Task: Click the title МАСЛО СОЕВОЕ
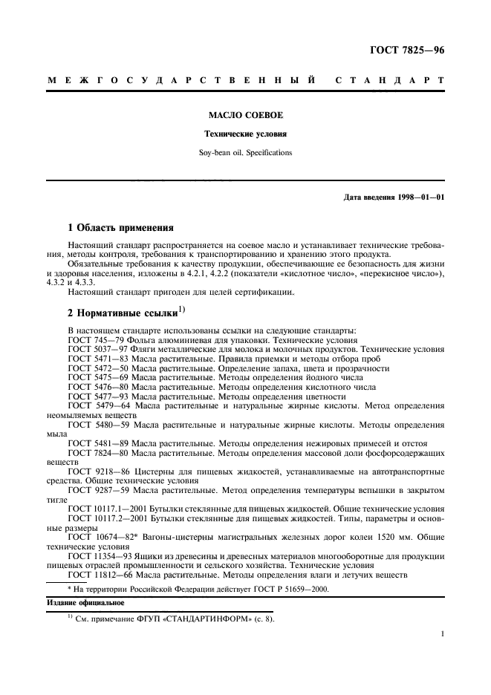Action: (x=245, y=116)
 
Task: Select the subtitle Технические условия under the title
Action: (x=245, y=134)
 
